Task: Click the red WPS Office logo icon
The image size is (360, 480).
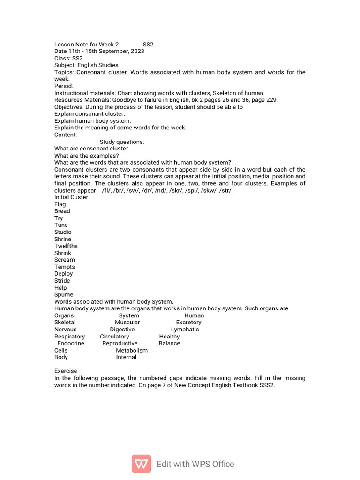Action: (x=141, y=464)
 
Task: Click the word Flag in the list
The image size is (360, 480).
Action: (x=60, y=204)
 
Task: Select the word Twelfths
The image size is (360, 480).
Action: (x=66, y=246)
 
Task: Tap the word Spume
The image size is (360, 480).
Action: (x=64, y=295)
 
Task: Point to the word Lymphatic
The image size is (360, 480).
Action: (x=185, y=330)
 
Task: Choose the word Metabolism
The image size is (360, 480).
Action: (x=132, y=350)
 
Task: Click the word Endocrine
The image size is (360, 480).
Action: (x=71, y=343)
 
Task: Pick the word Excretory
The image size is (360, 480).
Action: (x=188, y=322)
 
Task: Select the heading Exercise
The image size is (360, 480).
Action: (x=66, y=371)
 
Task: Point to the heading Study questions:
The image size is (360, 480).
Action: (x=122, y=142)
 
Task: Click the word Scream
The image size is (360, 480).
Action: (x=65, y=260)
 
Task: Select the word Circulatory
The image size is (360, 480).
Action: (x=114, y=337)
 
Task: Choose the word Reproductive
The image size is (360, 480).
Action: (x=120, y=343)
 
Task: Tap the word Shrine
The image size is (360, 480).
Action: (x=63, y=239)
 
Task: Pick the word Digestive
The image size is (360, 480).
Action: (x=122, y=330)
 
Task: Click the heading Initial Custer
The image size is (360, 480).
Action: (x=71, y=197)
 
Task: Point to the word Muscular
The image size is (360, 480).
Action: (x=127, y=322)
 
